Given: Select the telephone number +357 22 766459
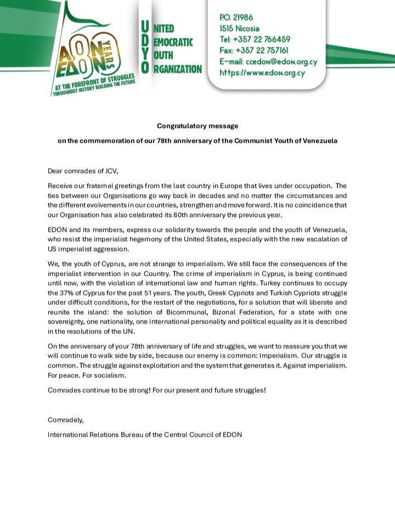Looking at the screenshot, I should [x=265, y=39].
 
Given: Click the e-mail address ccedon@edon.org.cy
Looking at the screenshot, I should [x=281, y=61].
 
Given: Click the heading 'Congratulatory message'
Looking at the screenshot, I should [x=197, y=126].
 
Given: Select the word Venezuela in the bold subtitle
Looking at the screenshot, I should [x=318, y=141].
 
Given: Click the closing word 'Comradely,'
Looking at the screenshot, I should [x=66, y=420].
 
